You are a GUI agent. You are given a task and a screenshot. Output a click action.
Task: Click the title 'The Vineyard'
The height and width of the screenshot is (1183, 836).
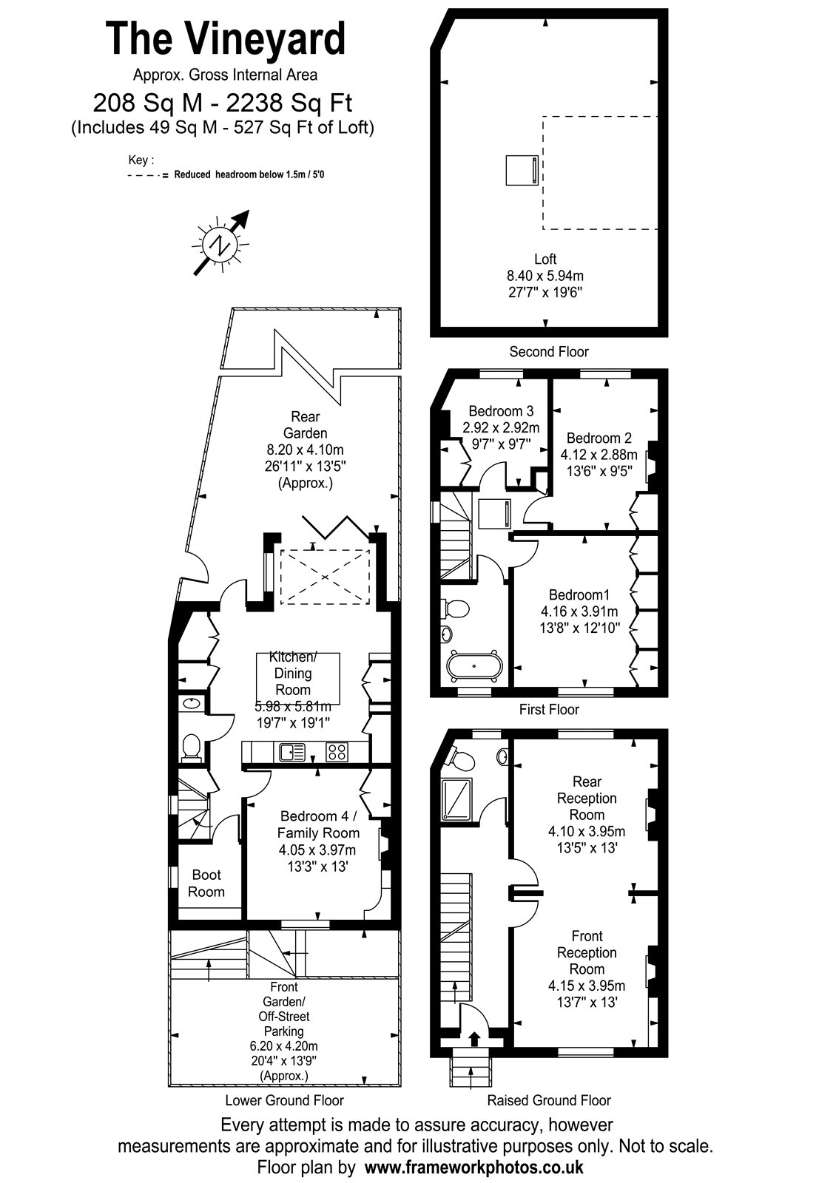[226, 38]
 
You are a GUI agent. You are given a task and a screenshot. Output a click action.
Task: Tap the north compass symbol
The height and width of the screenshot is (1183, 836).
[220, 244]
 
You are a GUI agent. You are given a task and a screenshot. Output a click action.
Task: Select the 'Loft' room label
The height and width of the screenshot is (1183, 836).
[545, 259]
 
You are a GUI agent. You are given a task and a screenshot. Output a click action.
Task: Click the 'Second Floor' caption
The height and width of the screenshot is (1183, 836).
[548, 352]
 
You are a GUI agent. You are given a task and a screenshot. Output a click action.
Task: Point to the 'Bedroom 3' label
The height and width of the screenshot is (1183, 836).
[501, 411]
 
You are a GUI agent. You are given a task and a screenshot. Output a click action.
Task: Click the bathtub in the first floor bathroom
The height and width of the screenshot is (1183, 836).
[474, 666]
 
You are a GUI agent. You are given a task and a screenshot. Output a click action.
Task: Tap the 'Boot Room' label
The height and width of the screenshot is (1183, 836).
[206, 883]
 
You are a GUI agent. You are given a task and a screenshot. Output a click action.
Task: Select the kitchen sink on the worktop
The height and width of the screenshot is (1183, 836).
[292, 752]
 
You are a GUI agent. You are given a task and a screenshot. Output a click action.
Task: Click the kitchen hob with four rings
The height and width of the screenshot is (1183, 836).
[337, 752]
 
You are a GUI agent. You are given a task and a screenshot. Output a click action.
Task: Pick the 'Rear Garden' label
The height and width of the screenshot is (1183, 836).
[306, 424]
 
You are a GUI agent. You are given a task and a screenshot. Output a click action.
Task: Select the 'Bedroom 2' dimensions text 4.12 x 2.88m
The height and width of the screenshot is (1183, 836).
[599, 455]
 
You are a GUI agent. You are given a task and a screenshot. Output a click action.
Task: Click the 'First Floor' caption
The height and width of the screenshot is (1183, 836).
[548, 709]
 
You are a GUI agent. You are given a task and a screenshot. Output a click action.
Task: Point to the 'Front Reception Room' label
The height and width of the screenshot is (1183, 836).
[587, 953]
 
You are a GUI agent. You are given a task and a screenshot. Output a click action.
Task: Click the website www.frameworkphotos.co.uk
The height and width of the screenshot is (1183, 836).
[474, 1167]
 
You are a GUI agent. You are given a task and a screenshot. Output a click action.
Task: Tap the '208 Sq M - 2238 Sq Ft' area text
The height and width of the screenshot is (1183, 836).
[223, 103]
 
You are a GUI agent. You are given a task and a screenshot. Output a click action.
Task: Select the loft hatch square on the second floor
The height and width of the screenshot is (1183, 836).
[522, 170]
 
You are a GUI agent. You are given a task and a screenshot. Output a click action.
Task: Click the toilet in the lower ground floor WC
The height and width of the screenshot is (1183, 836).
[192, 748]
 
